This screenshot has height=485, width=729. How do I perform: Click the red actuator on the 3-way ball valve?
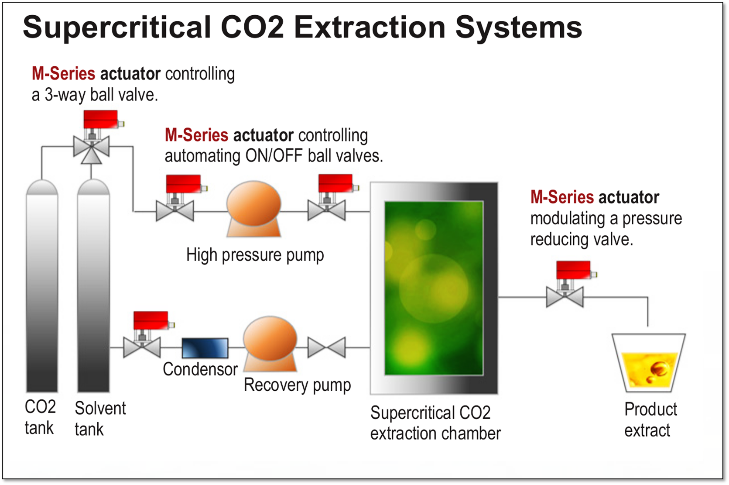coord(101,119)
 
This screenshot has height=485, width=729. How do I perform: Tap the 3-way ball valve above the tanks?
coord(91,148)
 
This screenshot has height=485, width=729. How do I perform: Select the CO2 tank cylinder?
coord(42,285)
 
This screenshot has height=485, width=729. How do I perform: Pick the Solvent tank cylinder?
coord(93,285)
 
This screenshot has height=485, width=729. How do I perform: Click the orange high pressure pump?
coord(253,209)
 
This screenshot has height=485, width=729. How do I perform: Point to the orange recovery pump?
coord(270,344)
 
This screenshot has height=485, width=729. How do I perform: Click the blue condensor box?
coord(205,348)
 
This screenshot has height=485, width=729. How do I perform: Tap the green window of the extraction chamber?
coord(434,288)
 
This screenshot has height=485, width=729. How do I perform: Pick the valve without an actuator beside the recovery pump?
coord(327,348)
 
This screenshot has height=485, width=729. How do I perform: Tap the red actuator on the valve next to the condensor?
coord(151,320)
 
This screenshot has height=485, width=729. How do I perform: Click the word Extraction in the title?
coord(370,27)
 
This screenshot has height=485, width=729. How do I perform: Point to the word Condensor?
coord(200,369)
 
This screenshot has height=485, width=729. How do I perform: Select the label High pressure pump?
coord(255,255)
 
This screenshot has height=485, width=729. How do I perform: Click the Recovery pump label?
coord(298,385)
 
